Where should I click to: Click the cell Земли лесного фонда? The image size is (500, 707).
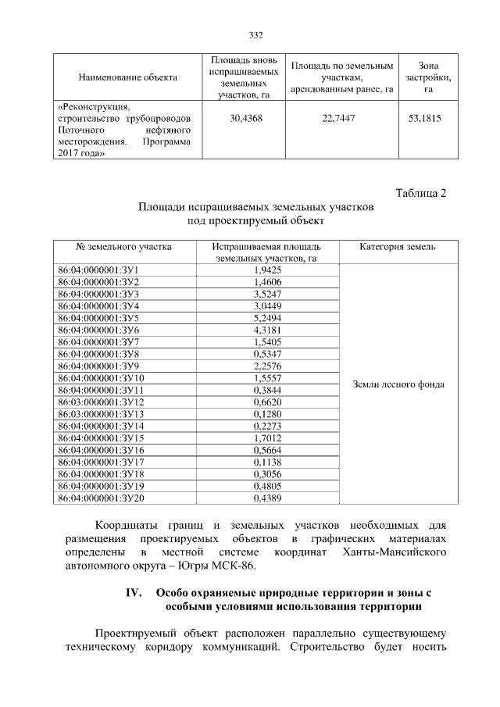(398, 384)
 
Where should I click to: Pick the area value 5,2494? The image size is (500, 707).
(267, 319)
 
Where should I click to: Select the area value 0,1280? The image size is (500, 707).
(267, 413)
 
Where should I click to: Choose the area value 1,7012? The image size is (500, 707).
(267, 437)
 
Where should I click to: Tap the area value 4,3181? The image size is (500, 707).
(267, 330)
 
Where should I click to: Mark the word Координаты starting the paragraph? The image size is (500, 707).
(123, 525)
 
